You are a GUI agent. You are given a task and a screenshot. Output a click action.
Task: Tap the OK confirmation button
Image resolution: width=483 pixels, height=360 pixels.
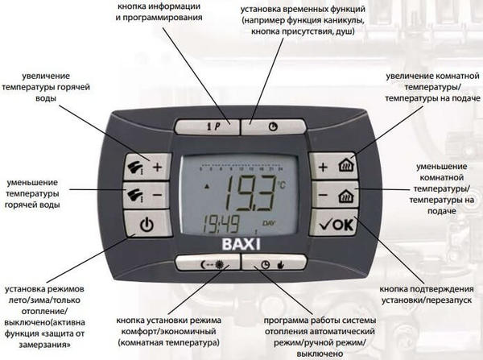tap(335, 223)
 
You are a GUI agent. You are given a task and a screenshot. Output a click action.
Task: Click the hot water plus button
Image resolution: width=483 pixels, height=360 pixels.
tap(147, 167)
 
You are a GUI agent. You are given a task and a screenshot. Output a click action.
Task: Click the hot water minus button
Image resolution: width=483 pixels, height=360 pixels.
tap(147, 194)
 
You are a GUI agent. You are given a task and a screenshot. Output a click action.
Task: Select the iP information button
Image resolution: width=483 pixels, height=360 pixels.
tap(208, 126)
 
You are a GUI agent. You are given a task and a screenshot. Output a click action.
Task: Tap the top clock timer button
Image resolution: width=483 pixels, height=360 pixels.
tap(274, 126)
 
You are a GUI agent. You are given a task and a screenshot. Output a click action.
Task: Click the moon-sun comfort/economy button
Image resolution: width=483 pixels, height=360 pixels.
tap(208, 263)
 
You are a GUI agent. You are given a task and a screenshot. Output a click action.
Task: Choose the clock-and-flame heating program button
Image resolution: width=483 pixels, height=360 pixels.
tap(275, 263)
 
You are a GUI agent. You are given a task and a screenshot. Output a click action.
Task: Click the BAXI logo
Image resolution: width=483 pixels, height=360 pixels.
tap(242, 244)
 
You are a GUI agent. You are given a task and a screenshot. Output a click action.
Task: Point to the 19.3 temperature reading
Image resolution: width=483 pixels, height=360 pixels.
tap(250, 192)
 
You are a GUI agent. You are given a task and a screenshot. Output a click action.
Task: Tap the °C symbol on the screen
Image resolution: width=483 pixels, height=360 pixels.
tap(282, 185)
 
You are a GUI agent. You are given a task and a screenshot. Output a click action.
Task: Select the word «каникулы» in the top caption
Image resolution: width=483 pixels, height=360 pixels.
tap(345, 20)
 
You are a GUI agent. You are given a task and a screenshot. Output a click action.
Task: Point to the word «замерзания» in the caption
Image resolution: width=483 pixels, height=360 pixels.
tap(44, 345)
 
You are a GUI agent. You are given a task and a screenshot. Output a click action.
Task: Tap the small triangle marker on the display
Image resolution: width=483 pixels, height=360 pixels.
tap(207, 186)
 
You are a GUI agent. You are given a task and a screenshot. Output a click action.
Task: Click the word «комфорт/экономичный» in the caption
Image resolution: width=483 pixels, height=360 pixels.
tap(168, 332)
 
